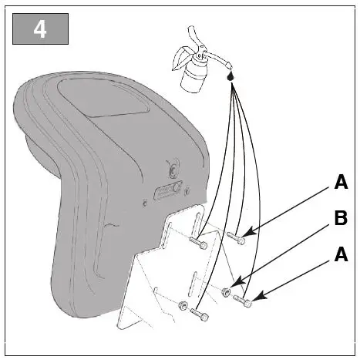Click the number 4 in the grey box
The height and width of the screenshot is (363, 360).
(40, 29)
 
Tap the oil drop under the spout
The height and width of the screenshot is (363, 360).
(230, 77)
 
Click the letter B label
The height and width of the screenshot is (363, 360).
(340, 220)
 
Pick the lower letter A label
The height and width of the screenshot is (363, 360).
(340, 255)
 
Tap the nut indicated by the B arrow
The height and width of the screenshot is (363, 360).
(226, 291)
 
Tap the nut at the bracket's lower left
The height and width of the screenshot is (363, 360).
(182, 306)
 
